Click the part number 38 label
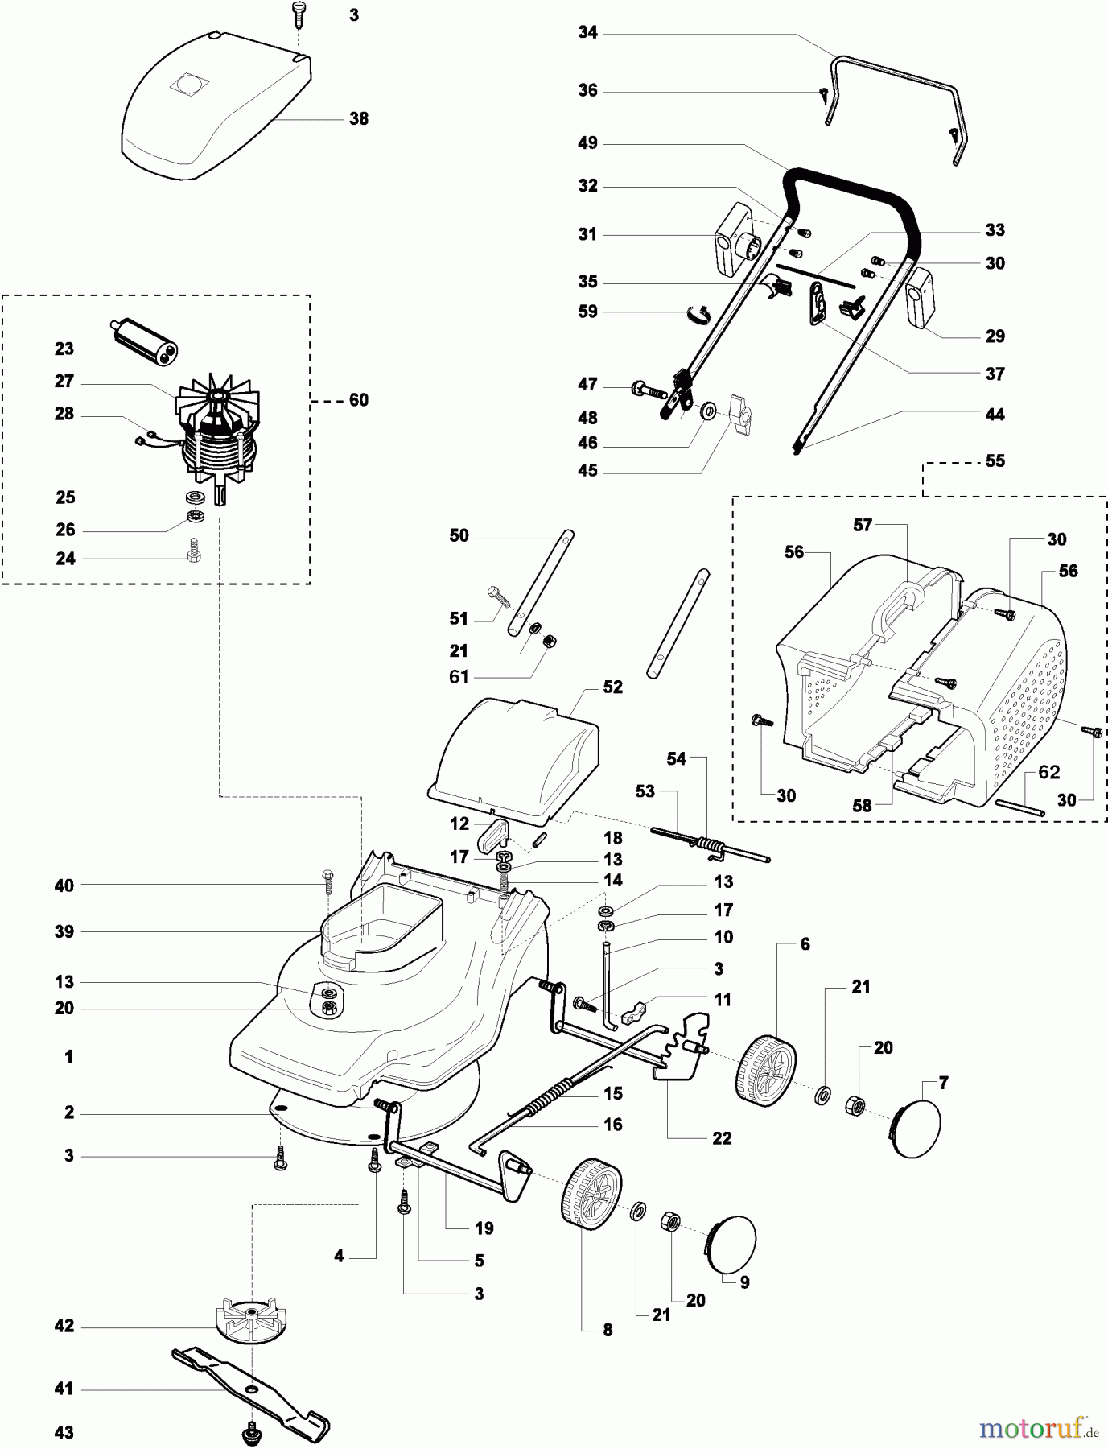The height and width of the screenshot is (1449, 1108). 359,118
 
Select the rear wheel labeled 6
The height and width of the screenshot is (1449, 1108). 765,1067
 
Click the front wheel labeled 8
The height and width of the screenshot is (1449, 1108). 590,1190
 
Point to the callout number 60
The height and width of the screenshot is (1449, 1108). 359,400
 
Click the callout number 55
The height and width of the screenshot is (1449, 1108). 995,460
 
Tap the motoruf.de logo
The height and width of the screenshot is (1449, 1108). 1039,1428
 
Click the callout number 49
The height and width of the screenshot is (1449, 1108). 588,143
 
